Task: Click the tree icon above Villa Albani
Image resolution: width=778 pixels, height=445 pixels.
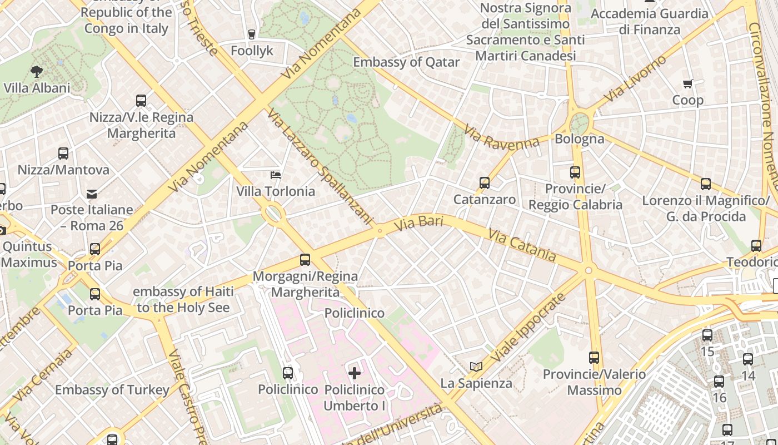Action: coord(37,71)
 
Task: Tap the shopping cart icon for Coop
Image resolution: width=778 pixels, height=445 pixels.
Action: coord(688,84)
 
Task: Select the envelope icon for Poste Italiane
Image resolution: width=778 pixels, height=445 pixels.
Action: coord(92,194)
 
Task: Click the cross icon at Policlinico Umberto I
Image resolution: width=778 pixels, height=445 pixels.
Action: coord(355,373)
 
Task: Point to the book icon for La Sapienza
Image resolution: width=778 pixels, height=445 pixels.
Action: coord(476,367)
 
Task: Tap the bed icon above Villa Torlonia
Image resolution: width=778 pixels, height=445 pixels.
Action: coord(276,175)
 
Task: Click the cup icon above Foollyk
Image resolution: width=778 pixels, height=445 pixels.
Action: coord(252,34)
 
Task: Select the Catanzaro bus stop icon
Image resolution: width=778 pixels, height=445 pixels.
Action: coord(485,183)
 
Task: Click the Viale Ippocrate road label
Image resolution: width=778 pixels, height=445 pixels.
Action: coord(528,327)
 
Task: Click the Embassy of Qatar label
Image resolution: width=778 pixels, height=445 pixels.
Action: coord(406,62)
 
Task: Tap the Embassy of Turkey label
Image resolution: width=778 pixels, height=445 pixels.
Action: coord(112,390)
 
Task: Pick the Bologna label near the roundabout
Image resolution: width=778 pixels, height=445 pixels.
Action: coord(580,139)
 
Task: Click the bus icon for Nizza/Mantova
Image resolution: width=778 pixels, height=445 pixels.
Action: coord(63,154)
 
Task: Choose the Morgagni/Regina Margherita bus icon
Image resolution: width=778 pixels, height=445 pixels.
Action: coord(305,260)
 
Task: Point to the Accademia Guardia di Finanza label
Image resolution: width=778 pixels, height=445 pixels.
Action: coord(650,21)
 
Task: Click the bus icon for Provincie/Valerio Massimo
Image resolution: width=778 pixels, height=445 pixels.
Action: coord(594,358)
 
